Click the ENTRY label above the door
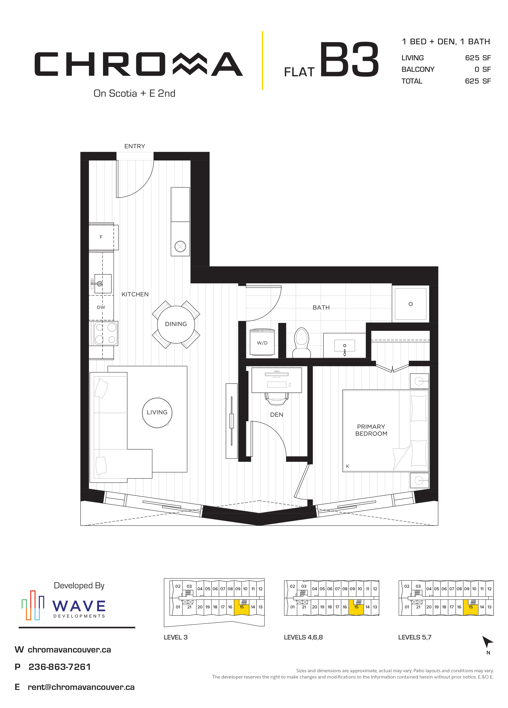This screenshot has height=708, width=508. (135, 146)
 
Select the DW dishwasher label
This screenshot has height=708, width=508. (101, 307)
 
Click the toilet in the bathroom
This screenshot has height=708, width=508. (301, 342)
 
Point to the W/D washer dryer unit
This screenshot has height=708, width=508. (262, 342)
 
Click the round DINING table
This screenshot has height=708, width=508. (176, 324)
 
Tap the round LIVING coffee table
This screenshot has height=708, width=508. (157, 413)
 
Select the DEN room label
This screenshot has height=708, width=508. (277, 415)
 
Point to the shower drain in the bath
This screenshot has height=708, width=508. (411, 304)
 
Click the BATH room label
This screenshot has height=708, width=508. (321, 307)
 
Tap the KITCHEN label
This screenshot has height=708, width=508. (135, 294)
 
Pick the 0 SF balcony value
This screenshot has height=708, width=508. (482, 69)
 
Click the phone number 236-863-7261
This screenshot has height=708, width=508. (59, 667)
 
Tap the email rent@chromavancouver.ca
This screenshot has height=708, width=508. (81, 687)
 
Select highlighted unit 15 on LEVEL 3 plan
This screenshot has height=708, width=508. (242, 607)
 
